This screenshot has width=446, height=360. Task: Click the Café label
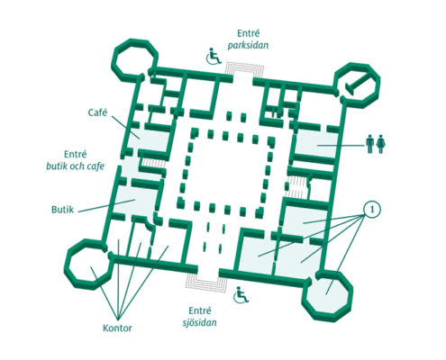(97, 112)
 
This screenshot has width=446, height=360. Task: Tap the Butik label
(62, 210)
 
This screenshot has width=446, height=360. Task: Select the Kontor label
(117, 328)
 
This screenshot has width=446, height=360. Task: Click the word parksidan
(248, 46)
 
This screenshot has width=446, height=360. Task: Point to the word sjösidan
(200, 323)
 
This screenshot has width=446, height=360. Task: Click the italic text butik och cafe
(75, 166)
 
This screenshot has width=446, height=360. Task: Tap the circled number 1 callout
(372, 209)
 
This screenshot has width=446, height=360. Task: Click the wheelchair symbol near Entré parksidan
(214, 56)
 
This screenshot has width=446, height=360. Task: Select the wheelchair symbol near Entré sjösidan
(241, 295)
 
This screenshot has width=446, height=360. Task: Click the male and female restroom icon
(376, 144)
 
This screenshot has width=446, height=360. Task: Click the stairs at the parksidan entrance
(245, 69)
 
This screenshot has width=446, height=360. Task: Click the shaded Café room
(149, 139)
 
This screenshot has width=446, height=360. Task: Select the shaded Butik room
(135, 201)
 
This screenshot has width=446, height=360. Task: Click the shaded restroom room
(316, 143)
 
